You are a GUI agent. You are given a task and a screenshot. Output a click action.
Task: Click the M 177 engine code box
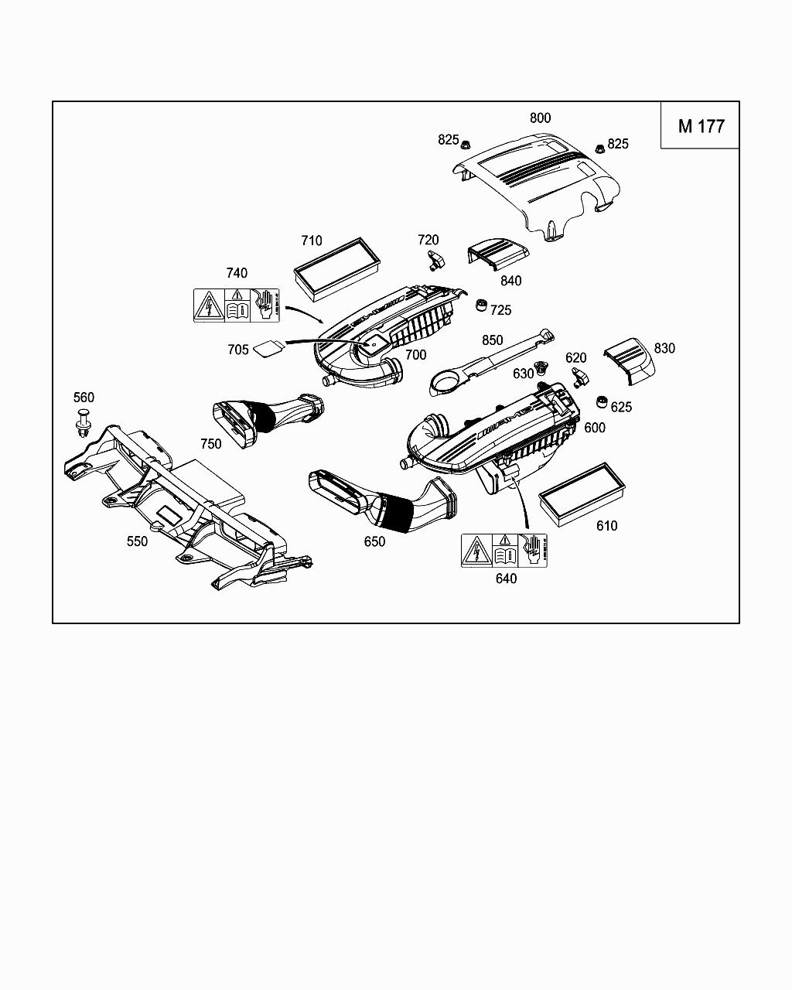click(x=701, y=126)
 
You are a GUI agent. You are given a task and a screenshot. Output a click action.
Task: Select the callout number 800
click(x=540, y=118)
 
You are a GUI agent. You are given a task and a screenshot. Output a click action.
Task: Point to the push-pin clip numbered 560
click(x=84, y=422)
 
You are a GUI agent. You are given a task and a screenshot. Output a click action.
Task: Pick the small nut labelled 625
click(x=600, y=402)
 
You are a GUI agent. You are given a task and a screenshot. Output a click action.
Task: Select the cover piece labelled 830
click(x=629, y=360)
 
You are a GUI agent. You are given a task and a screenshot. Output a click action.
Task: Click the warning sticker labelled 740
click(x=236, y=305)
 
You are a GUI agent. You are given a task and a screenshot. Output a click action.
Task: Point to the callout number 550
click(x=137, y=541)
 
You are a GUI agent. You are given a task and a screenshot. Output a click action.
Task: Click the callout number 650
click(x=374, y=541)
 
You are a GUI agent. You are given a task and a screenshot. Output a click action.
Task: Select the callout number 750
click(x=210, y=444)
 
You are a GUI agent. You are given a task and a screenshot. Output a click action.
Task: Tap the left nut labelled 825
click(x=466, y=145)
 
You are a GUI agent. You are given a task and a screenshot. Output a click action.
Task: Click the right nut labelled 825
click(x=599, y=148)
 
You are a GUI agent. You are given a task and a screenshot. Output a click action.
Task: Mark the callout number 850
click(x=492, y=340)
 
